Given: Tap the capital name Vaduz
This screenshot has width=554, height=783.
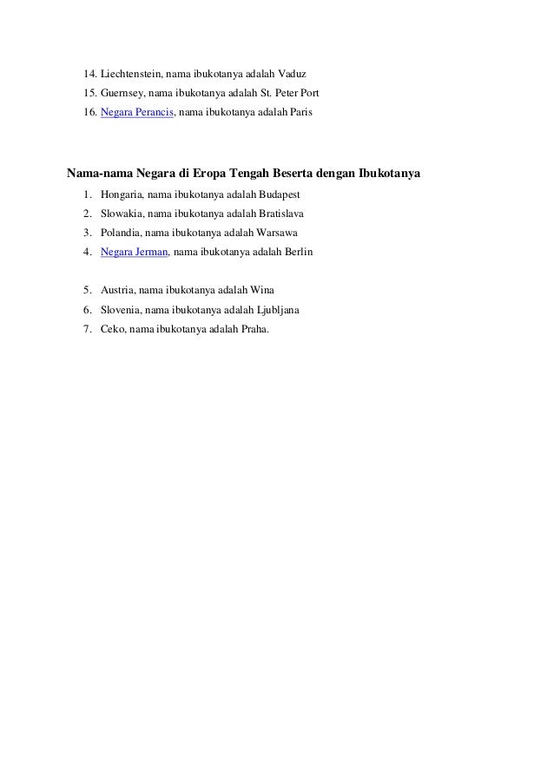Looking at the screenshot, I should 292,72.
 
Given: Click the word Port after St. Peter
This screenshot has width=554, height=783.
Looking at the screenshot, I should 310,92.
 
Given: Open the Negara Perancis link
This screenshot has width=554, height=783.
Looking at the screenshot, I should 137,113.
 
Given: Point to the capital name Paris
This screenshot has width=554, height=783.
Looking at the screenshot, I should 301,113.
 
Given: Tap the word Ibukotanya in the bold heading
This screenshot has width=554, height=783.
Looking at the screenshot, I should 386,174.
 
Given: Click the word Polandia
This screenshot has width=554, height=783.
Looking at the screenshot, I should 122,233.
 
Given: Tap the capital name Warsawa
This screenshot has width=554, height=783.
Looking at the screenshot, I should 277,233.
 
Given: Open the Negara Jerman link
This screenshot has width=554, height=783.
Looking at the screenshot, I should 134,252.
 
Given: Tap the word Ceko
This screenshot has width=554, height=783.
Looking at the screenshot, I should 113,329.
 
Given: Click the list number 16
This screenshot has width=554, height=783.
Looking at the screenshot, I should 89,113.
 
